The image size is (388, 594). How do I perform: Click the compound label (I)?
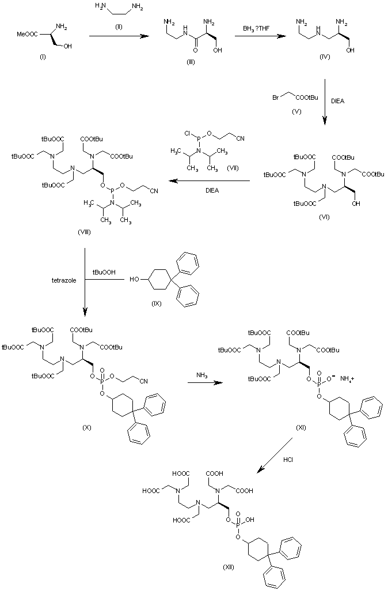click(x=43, y=58)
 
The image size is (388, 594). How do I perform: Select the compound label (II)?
click(x=119, y=27)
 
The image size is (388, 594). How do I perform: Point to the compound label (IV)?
click(x=324, y=57)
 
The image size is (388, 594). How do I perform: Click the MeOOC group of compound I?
click(x=27, y=35)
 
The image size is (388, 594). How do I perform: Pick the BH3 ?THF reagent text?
click(x=256, y=28)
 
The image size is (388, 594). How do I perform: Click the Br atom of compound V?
click(x=276, y=97)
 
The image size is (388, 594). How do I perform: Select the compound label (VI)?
click(x=324, y=217)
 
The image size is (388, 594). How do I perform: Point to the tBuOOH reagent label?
click(x=104, y=272)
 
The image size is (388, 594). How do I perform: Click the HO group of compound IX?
click(x=134, y=280)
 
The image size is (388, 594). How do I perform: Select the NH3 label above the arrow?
click(x=201, y=375)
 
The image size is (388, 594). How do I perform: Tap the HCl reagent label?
click(x=288, y=460)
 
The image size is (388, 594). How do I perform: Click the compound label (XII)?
click(x=229, y=567)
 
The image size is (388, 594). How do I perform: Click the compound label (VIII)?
click(x=84, y=232)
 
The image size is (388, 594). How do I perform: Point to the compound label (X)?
click(x=87, y=427)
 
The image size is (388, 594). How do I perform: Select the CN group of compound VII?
click(x=241, y=138)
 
